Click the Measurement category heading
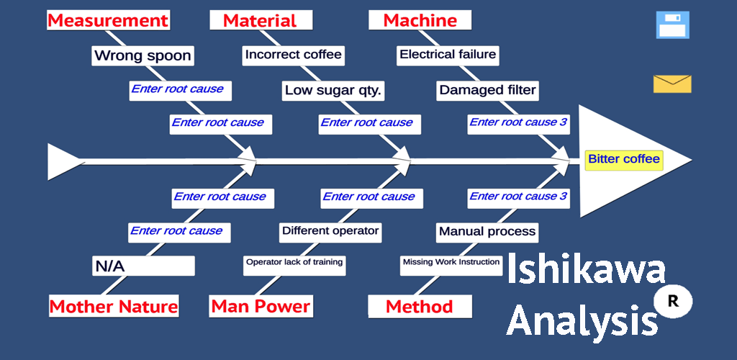108,20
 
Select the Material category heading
260,20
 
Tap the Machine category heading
420,20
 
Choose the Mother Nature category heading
114,307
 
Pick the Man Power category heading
261,306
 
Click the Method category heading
420,306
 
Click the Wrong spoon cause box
143,55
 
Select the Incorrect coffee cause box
293,55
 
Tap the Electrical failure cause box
448,55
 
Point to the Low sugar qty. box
333,91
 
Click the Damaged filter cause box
487,91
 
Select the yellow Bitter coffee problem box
623,159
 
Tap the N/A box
143,266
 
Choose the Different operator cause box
330,231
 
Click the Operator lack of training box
294,263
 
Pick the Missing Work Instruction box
451,263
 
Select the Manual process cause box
487,232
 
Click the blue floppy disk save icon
673,24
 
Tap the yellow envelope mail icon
672,84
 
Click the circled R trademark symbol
673,302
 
